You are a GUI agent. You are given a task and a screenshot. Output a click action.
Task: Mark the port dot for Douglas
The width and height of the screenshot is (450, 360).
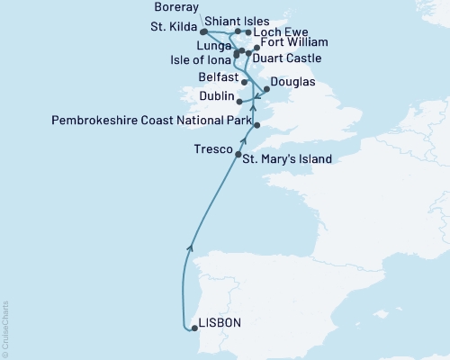tap(266, 88)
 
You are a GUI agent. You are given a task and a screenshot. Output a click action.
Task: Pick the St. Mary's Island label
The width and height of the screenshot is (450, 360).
tap(287, 159)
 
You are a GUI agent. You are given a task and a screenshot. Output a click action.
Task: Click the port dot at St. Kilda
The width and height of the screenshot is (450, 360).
tap(203, 31)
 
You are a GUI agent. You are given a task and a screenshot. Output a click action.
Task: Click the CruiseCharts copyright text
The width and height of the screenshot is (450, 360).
tap(5, 324)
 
